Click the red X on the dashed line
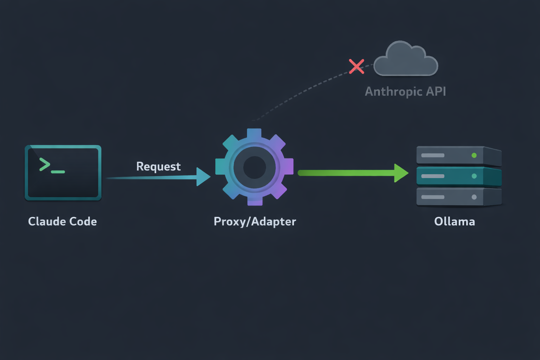click(356, 66)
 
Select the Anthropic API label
click(405, 91)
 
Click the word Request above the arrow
click(158, 166)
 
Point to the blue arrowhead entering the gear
click(203, 176)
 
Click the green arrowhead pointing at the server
click(401, 173)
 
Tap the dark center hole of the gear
click(255, 167)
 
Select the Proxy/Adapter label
click(255, 221)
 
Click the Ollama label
click(454, 221)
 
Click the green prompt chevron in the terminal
click(45, 165)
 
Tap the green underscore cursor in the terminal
click(58, 172)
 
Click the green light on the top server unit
click(474, 155)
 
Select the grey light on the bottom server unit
click(474, 197)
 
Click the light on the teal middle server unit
click(474, 176)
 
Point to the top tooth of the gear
click(254, 134)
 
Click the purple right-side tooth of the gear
click(288, 166)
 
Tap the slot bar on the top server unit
click(433, 155)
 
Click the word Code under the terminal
click(83, 221)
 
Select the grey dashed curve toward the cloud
click(302, 92)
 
